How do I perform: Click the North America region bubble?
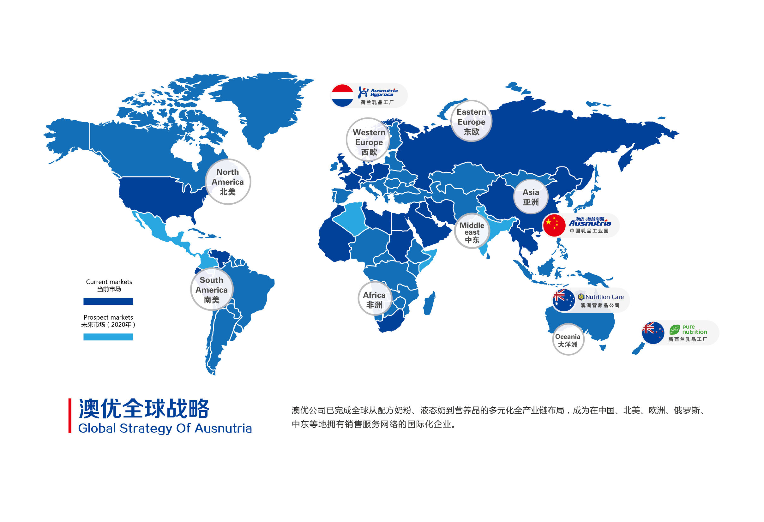pyautogui.click(x=228, y=182)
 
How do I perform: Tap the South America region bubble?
pyautogui.click(x=212, y=290)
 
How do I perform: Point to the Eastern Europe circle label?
pyautogui.click(x=471, y=121)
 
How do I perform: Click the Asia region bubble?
pyautogui.click(x=531, y=196)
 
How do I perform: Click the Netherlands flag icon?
pyautogui.click(x=342, y=96)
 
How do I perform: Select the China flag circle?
pyautogui.click(x=554, y=225)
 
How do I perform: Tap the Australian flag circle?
pyautogui.click(x=563, y=300)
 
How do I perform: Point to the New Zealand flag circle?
pyautogui.click(x=653, y=333)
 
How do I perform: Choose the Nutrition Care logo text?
pyautogui.click(x=601, y=297)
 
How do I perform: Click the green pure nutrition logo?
pyautogui.click(x=689, y=329)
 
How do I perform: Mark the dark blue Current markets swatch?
pyautogui.click(x=108, y=301)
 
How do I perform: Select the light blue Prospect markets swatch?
pyautogui.click(x=108, y=337)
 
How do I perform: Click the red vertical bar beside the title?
pyautogui.click(x=70, y=416)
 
